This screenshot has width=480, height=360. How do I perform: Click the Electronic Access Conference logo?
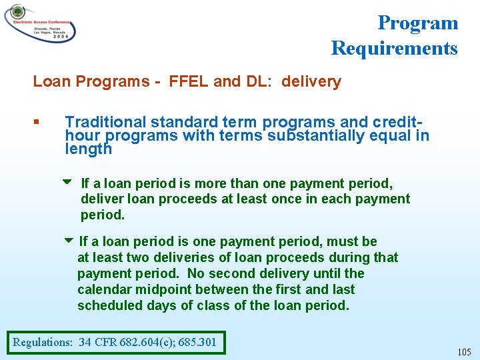click(39, 23)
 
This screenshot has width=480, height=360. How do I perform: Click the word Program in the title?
click(417, 23)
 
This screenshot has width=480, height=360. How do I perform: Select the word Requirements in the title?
click(394, 48)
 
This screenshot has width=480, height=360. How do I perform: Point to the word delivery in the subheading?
click(311, 82)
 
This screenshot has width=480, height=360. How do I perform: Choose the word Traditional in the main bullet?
click(105, 123)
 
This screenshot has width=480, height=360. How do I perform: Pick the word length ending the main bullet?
click(88, 149)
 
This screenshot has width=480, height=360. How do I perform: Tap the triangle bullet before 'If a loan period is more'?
click(67, 182)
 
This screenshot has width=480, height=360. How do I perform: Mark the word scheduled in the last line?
click(107, 306)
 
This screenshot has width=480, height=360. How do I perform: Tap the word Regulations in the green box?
click(42, 343)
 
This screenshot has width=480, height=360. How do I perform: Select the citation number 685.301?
click(199, 343)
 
